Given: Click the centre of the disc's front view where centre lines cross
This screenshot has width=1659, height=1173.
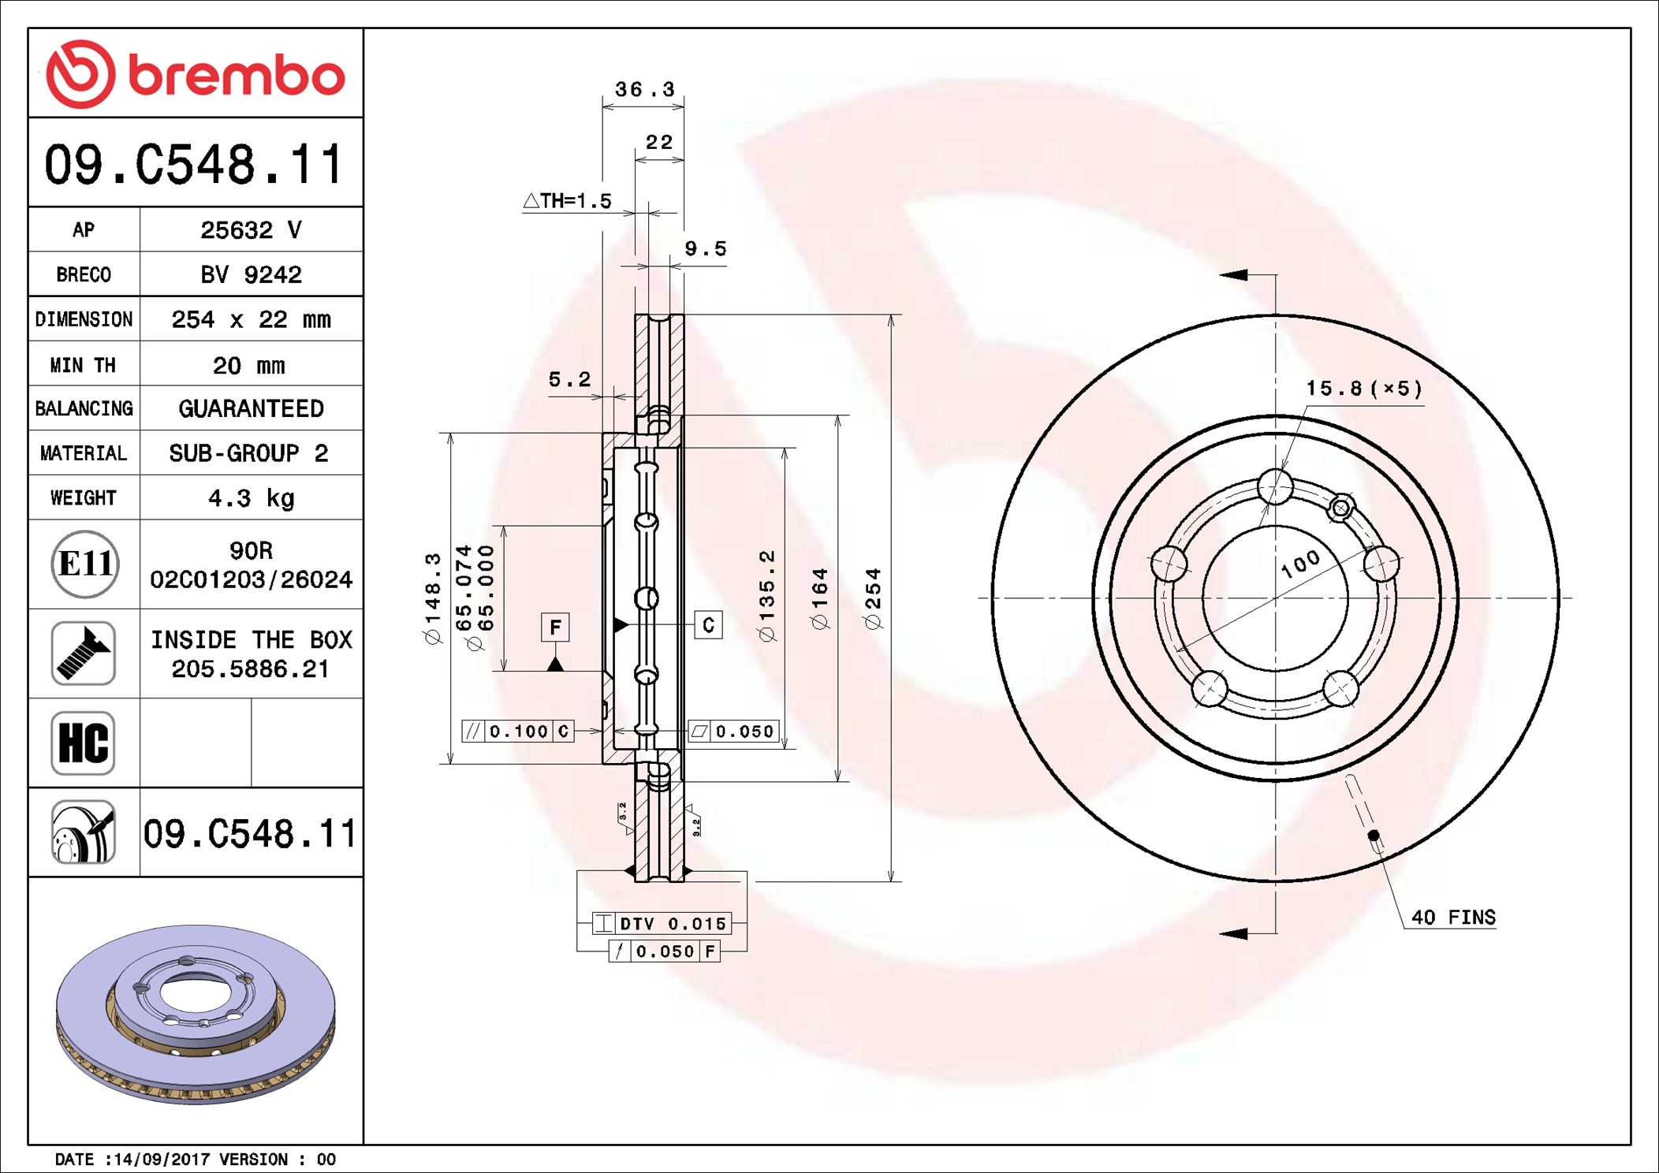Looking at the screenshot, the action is [1275, 598].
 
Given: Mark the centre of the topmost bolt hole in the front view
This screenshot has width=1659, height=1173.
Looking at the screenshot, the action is [1275, 486].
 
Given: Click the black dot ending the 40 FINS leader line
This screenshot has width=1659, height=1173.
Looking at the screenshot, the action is [1374, 835].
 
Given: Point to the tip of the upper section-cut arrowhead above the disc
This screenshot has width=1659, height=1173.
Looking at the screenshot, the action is [1220, 274].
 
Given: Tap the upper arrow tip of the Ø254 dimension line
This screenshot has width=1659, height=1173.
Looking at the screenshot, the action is [891, 315].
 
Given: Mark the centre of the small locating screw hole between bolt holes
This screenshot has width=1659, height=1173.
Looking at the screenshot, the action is [1340, 508].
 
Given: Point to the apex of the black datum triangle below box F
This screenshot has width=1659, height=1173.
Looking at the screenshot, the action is [555, 657].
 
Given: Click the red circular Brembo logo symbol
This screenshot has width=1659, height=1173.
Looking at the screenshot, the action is [80, 74].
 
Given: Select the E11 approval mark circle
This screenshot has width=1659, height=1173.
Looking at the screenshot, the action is [85, 564].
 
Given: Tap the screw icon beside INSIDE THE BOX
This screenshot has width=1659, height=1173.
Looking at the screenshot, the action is [84, 653].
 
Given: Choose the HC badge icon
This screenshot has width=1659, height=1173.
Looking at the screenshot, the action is [84, 743].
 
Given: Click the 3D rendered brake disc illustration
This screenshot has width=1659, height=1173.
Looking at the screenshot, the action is [196, 1014].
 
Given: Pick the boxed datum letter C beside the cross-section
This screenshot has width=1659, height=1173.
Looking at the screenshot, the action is [708, 625].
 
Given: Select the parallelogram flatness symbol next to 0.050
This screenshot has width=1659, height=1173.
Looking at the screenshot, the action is [699, 732].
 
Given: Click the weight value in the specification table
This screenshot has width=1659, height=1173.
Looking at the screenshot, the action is [251, 498].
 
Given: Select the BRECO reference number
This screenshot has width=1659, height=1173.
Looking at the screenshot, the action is [251, 274].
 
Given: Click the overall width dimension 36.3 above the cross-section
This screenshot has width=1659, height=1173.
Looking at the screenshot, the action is [645, 89].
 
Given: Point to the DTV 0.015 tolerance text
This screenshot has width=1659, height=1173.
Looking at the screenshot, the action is [673, 923].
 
